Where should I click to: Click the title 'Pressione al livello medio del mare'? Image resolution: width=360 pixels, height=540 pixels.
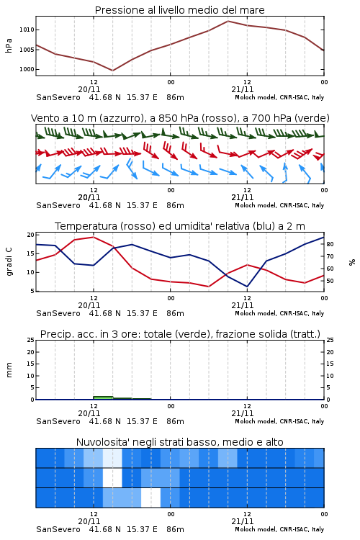(x=179, y=10)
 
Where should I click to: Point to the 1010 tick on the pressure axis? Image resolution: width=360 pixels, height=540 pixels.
(x=27, y=30)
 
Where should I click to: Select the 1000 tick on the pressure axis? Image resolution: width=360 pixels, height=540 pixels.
(x=27, y=70)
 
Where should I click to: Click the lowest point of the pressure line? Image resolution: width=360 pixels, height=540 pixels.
(x=112, y=71)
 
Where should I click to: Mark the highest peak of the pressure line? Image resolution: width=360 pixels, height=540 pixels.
(x=228, y=21)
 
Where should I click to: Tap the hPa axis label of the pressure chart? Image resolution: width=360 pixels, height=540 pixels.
(x=9, y=45)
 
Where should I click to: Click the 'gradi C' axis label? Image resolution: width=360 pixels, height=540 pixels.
(x=9, y=261)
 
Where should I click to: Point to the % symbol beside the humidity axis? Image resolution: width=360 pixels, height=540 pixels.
(x=352, y=262)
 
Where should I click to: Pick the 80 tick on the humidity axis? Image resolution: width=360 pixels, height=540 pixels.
(x=330, y=244)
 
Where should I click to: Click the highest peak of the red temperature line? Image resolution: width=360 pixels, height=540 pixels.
(x=94, y=237)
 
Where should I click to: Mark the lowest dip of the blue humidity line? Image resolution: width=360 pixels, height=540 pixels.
(x=247, y=287)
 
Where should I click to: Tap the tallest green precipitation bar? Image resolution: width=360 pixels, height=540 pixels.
(x=103, y=397)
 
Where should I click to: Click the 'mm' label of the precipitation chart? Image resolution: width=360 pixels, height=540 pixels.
(x=9, y=370)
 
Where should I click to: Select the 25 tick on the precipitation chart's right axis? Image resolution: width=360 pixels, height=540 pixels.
(x=330, y=340)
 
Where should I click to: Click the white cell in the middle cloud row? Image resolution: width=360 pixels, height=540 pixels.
(x=112, y=477)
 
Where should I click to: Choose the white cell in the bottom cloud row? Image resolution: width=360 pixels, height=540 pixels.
(x=151, y=498)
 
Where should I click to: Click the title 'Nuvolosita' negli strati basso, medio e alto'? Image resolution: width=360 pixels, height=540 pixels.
(x=179, y=442)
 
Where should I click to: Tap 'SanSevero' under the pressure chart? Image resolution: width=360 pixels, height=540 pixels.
(x=58, y=97)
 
